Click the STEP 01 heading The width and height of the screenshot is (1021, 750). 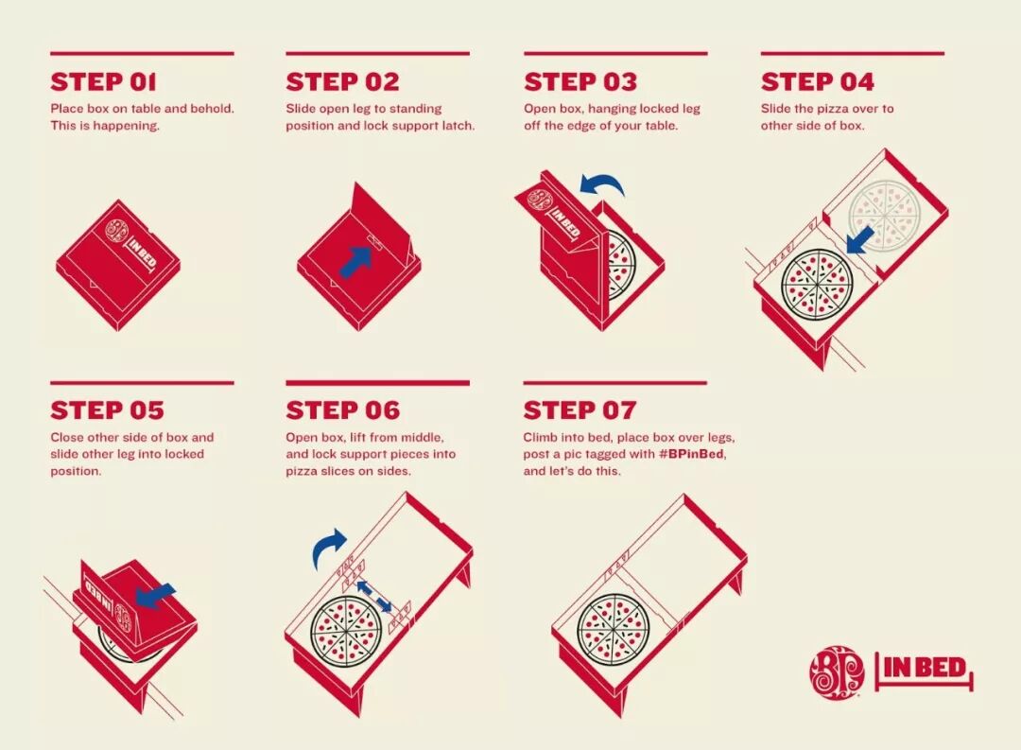(104, 82)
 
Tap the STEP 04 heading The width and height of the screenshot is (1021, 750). (817, 82)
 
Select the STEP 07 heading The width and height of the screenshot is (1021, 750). (580, 410)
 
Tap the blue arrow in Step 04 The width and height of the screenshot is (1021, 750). (860, 240)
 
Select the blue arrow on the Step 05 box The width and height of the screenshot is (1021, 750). (155, 596)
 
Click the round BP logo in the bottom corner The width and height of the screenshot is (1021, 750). (837, 672)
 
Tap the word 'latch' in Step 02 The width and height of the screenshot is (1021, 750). (459, 125)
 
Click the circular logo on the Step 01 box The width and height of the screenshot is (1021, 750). (118, 232)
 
